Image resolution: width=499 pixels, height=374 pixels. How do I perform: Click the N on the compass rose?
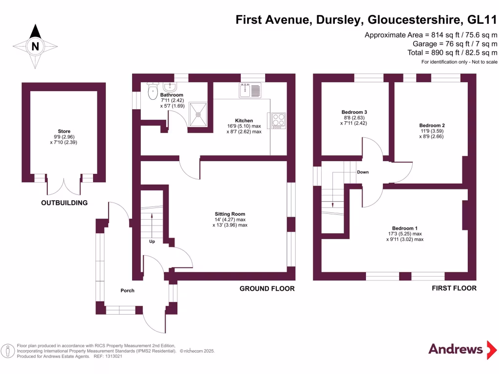tap(35, 47)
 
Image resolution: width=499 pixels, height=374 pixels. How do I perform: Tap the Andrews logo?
tap(456, 349)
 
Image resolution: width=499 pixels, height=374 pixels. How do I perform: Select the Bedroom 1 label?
tap(405, 228)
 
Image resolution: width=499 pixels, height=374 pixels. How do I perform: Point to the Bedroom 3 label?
tap(354, 112)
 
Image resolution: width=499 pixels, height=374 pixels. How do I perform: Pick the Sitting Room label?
tap(230, 214)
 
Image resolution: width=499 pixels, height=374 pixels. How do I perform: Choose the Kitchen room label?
tap(244, 120)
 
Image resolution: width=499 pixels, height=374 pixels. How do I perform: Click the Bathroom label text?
tap(172, 95)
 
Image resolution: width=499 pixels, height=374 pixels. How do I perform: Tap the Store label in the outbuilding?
tap(64, 131)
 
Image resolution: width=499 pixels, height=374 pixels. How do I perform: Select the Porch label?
tap(127, 291)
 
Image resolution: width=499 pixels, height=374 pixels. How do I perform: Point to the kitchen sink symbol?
tap(251, 90)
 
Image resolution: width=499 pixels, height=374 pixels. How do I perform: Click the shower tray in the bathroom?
tap(198, 113)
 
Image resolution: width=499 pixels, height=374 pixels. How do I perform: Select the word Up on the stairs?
tap(152, 241)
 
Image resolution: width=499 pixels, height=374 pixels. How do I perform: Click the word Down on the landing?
tap(363, 172)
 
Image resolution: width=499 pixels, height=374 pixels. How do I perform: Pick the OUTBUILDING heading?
tap(64, 203)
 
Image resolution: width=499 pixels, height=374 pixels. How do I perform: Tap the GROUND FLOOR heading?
tap(267, 289)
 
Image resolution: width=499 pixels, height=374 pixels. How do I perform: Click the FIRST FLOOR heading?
tap(454, 289)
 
